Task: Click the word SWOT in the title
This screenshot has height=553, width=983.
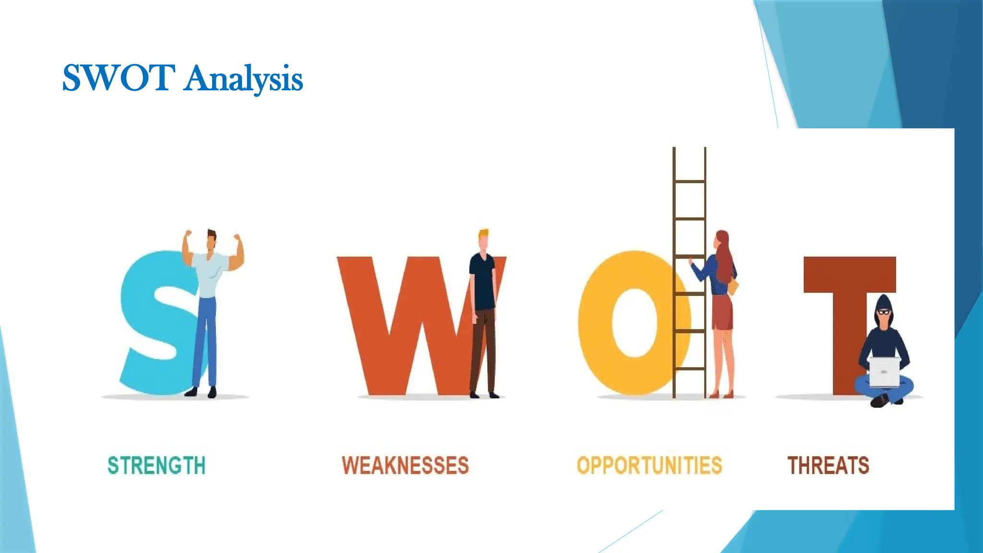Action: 118,78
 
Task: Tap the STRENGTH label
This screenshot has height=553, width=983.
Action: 156,466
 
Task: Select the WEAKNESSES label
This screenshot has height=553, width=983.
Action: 405,466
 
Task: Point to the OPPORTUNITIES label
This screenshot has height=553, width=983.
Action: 649,466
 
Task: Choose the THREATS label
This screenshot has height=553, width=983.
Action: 828,466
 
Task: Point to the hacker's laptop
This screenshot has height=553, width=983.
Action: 884,372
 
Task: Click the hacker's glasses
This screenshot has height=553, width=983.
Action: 884,313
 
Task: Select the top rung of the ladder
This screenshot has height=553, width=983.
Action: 689,181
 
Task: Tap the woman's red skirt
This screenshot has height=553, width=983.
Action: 722,312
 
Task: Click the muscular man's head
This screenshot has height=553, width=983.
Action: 211,240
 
